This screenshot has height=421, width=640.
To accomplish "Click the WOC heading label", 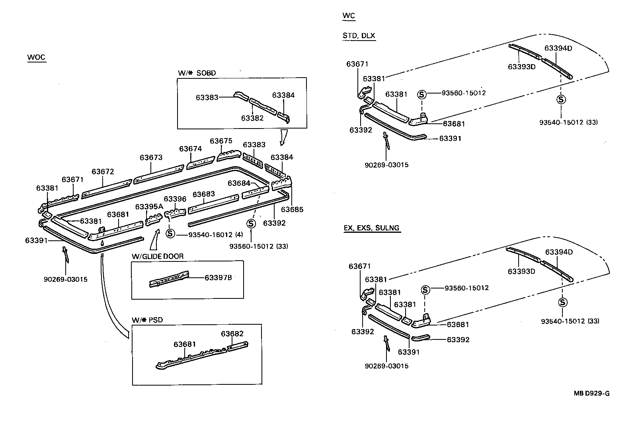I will click(36, 57).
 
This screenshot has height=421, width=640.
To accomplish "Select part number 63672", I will click(103, 172).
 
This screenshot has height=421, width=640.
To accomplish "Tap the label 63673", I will click(151, 157).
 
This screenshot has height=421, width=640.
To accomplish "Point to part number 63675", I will click(221, 141).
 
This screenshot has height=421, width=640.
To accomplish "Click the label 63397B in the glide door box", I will click(218, 277).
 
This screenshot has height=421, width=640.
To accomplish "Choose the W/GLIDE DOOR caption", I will click(158, 256).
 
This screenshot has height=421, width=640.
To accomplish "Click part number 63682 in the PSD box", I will click(232, 333).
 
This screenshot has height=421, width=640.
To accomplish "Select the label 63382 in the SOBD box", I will click(252, 118).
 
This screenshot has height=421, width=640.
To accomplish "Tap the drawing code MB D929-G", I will click(591, 394).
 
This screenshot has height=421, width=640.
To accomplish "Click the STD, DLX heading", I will click(359, 35).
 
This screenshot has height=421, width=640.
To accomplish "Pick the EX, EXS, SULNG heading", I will click(372, 228).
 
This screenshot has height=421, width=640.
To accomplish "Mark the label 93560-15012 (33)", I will click(259, 246).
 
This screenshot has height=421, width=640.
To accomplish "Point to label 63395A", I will click(149, 207).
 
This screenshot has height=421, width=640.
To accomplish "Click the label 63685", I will click(292, 209).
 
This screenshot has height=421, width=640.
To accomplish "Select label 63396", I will click(175, 199).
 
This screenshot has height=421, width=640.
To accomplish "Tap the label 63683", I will click(204, 194).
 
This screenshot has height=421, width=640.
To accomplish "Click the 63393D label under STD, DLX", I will click(521, 66).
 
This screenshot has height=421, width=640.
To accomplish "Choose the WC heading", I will click(348, 16).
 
